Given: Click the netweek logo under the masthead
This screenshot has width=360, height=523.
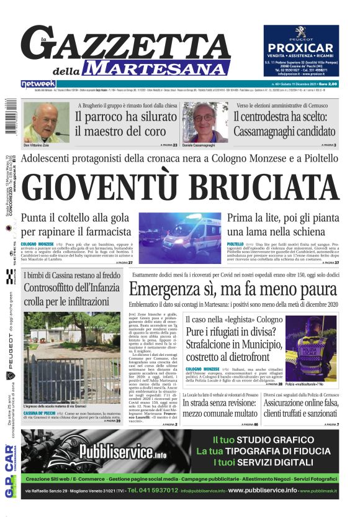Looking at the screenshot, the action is coord(38,83).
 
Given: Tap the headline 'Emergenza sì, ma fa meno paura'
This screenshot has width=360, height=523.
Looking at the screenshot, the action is coord(233,290).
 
